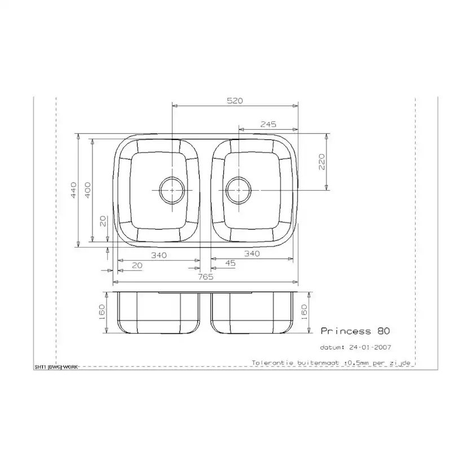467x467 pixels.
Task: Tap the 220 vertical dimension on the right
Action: pos(321,162)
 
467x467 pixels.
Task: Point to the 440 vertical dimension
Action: pos(73,190)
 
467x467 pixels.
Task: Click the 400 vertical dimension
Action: pos(87,190)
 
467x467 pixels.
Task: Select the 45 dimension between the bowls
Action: pos(230,263)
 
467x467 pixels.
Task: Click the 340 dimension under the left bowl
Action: pos(158,255)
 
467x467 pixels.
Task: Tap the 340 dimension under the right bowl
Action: pos(252,254)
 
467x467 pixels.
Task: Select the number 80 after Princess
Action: pos(383,331)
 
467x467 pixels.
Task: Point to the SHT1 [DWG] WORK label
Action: pos(56,367)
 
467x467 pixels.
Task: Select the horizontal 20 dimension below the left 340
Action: pos(136,265)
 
